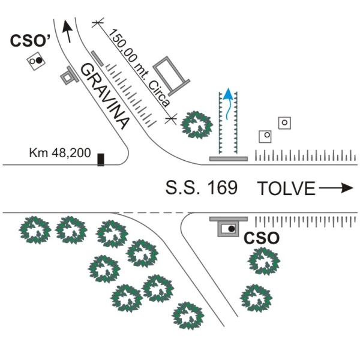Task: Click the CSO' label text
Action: tap(30, 41)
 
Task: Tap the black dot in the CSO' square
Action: tap(40, 60)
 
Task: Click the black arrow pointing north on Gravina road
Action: tap(67, 31)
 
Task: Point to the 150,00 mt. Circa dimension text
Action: tap(139, 68)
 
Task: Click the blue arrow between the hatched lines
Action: tap(228, 104)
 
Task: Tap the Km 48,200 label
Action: tap(60, 152)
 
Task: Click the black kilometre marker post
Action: tap(101, 160)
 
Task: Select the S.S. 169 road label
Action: tap(202, 188)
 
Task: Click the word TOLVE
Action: tap(286, 188)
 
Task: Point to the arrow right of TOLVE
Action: tap(336, 188)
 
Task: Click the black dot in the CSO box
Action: tap(232, 229)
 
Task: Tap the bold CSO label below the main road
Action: tap(262, 238)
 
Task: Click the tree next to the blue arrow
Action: tap(197, 125)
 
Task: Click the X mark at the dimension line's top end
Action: tap(98, 23)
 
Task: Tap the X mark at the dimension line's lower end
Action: tap(171, 119)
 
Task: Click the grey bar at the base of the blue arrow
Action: tap(229, 158)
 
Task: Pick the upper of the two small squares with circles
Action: tap(284, 123)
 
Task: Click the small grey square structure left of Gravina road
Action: tap(68, 76)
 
